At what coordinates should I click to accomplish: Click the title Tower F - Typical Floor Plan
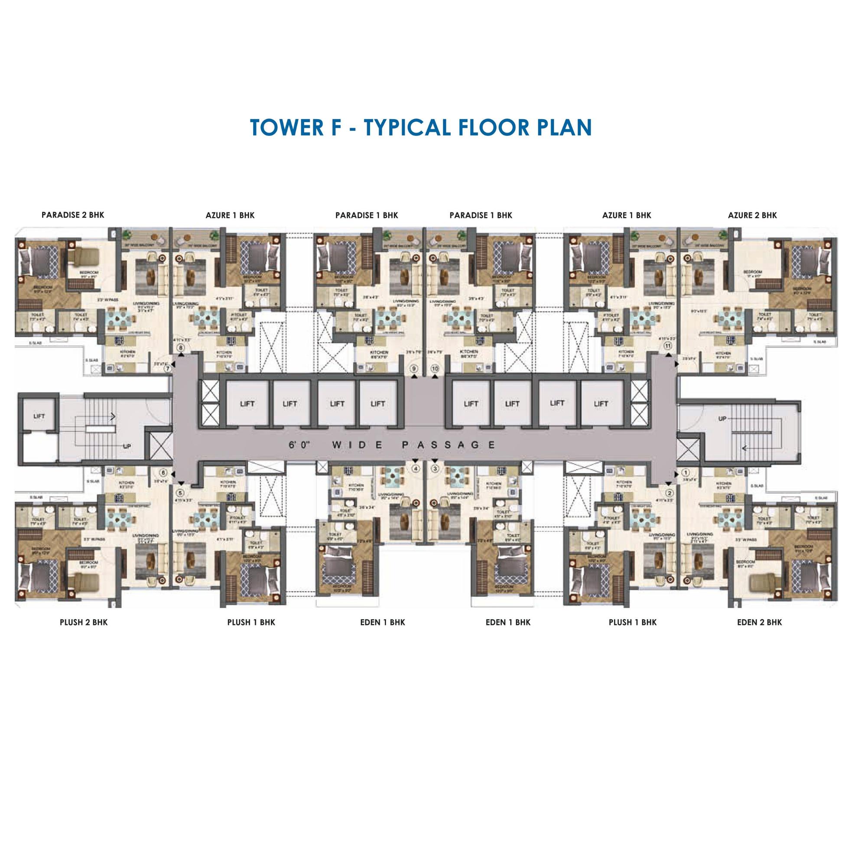[x=421, y=127]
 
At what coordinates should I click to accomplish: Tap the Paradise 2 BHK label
[x=73, y=215]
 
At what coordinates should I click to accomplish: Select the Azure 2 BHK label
[x=752, y=215]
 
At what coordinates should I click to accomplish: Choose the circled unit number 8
[x=181, y=348]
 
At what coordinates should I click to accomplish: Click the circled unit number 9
[x=414, y=369]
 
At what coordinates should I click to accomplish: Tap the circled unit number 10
[x=435, y=369]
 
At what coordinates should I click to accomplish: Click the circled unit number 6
[x=163, y=473]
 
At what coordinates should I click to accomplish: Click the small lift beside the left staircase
[x=39, y=416]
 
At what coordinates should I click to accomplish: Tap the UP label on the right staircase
[x=721, y=419]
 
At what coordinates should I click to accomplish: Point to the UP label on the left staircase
[x=127, y=447]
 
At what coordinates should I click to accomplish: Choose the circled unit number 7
[x=167, y=368]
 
